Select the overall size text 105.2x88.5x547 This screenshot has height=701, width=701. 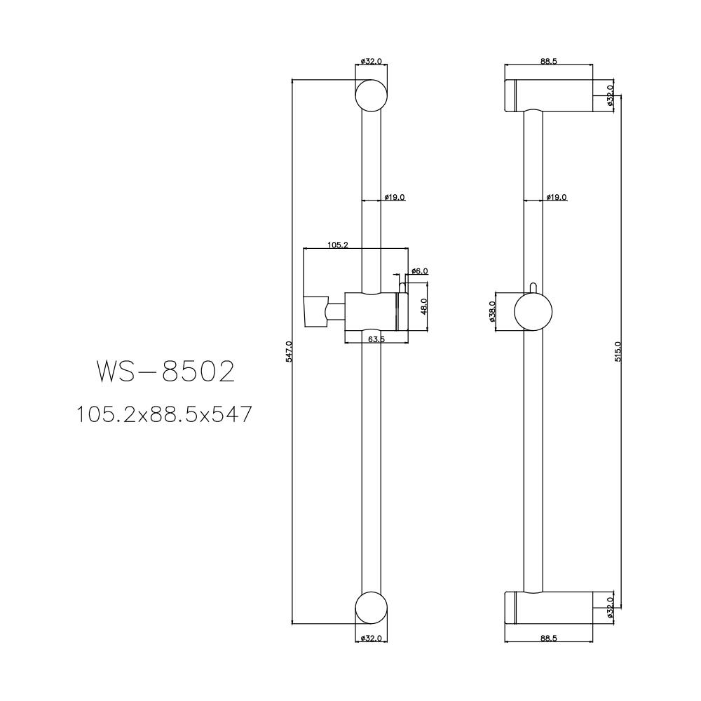[164, 415]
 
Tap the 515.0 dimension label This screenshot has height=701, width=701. [617, 350]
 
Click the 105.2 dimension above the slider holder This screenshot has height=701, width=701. [337, 245]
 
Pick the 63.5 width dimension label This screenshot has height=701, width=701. [376, 339]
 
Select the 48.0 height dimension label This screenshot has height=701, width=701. [423, 306]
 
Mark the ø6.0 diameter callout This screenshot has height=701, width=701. [419, 271]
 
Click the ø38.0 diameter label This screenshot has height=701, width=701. [493, 310]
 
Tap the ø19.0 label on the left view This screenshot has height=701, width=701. [395, 198]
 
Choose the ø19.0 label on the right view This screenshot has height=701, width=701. [557, 198]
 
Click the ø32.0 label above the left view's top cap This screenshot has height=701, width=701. [372, 62]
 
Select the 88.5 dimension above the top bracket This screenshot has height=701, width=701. [548, 62]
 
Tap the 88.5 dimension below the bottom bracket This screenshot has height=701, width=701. [548, 639]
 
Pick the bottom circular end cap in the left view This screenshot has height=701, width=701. [372, 606]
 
